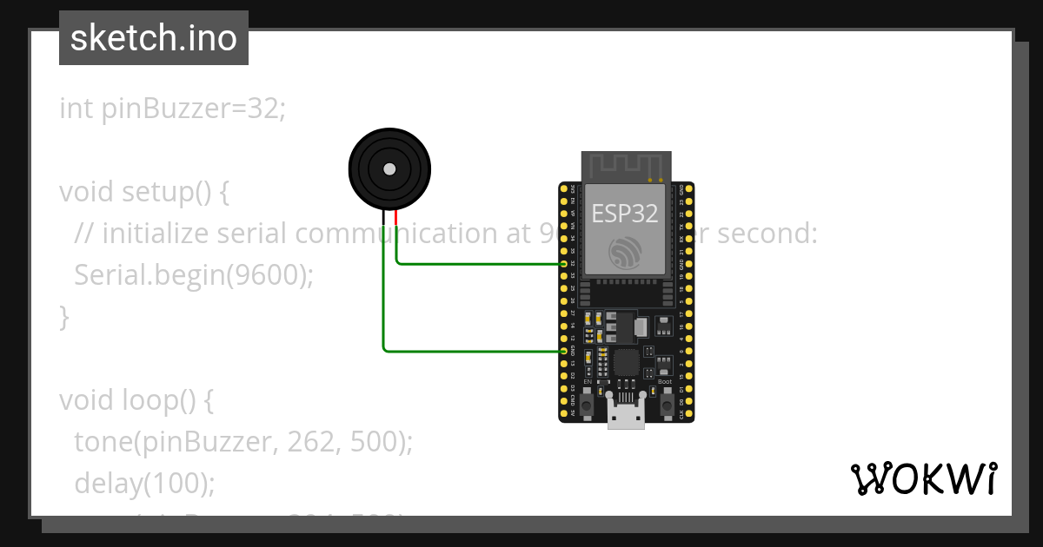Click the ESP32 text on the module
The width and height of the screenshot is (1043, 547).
(625, 213)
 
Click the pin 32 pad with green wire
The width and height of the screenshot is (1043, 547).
(564, 263)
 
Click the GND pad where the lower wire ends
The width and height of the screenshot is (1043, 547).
(564, 351)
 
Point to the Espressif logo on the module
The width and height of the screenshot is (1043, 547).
(625, 252)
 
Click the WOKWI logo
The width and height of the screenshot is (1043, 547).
(923, 478)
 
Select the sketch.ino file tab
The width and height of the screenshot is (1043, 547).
(154, 38)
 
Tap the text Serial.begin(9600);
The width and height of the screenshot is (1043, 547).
(193, 275)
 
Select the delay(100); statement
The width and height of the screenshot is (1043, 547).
(144, 484)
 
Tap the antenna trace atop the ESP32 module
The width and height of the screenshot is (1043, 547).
(626, 166)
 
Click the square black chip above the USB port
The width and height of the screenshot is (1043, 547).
(627, 363)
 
